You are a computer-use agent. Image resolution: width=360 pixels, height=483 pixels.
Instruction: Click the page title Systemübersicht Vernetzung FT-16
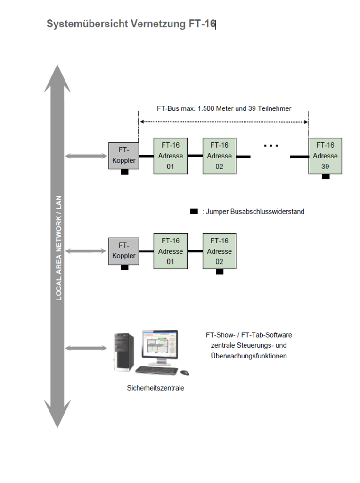click(x=131, y=24)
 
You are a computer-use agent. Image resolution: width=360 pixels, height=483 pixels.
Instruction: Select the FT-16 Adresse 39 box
click(x=325, y=156)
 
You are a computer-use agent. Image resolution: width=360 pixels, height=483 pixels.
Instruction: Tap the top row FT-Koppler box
click(x=123, y=155)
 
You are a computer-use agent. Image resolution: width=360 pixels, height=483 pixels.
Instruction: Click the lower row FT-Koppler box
click(x=123, y=250)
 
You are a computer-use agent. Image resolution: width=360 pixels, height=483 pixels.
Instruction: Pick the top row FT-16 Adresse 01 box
click(x=170, y=156)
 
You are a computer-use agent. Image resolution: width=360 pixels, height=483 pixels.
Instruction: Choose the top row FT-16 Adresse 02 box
click(x=219, y=156)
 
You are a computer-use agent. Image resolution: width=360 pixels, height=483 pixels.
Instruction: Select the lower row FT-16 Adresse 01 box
click(x=170, y=251)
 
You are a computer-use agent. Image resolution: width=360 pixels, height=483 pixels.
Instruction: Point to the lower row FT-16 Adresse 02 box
click(x=219, y=251)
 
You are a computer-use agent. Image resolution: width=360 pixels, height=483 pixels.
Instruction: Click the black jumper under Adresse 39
click(x=325, y=176)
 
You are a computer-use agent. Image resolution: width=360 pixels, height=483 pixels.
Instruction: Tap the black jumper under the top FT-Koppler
click(x=124, y=172)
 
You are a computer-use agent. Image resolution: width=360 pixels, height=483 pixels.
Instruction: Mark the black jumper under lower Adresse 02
click(x=219, y=272)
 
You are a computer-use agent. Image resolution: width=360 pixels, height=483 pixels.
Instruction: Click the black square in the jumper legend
click(x=194, y=211)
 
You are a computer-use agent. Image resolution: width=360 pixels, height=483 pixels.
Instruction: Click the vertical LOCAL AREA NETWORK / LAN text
click(x=59, y=248)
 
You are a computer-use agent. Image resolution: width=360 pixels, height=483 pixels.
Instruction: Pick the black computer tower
click(x=123, y=353)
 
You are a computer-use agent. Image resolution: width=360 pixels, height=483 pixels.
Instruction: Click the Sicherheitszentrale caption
click(x=155, y=388)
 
